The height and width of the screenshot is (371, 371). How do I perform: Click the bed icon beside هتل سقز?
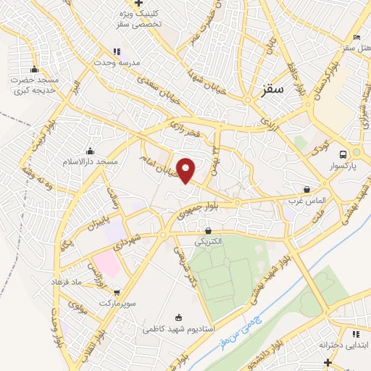pyautogui.click(x=356, y=38)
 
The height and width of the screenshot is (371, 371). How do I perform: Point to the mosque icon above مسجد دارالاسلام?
pyautogui.click(x=90, y=150)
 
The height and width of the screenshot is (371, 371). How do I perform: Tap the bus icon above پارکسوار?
pyautogui.click(x=344, y=154)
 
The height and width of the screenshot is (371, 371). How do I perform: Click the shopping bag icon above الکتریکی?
pyautogui.click(x=209, y=230)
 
